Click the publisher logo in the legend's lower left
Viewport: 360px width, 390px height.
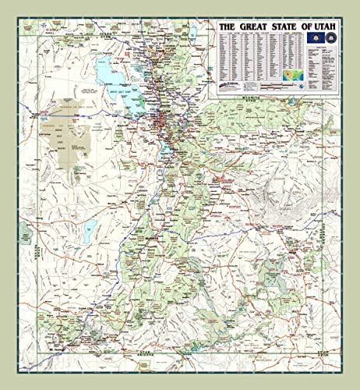click(231, 84)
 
